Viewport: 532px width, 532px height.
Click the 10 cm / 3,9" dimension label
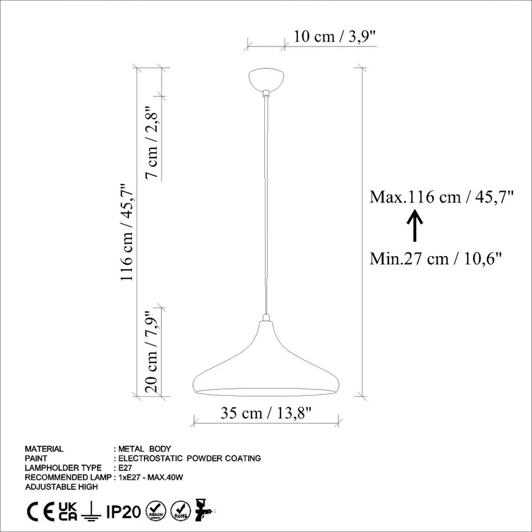click(334, 37)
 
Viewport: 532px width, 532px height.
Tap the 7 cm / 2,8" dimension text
click(152, 143)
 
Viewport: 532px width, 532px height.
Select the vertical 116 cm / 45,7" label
click(127, 233)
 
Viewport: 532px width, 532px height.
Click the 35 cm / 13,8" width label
click(266, 413)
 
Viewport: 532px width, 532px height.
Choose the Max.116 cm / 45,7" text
click(441, 197)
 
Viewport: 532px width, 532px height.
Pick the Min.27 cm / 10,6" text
click(436, 259)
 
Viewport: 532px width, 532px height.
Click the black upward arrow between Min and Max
click(415, 226)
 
